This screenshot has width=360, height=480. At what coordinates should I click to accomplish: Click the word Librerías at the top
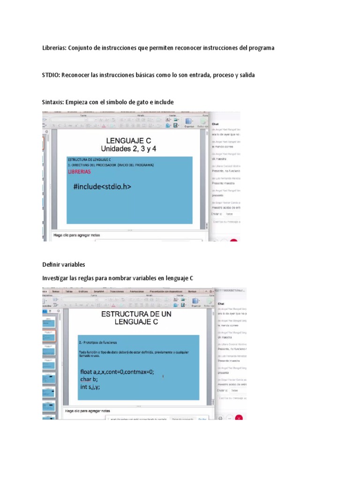coord(54,48)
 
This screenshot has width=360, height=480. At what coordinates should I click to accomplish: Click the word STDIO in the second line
coord(51,75)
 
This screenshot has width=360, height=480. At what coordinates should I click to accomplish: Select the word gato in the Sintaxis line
coord(140,102)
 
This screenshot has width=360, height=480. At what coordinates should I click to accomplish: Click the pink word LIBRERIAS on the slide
coord(79,172)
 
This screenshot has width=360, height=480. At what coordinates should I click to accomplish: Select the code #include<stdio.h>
coord(102,187)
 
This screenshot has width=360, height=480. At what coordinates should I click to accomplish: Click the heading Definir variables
coord(64,265)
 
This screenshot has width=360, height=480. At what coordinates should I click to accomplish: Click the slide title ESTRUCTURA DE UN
coord(136,314)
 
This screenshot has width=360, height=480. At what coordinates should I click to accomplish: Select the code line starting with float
coord(117,372)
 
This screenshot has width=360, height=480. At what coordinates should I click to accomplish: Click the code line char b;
coord(89,380)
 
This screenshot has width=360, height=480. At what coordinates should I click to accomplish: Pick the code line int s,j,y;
coord(90,387)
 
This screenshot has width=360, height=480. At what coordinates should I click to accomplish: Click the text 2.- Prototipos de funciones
coord(98,342)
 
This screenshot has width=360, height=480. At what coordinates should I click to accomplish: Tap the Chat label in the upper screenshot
coord(216,124)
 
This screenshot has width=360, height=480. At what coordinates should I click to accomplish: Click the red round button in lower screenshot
coord(239,418)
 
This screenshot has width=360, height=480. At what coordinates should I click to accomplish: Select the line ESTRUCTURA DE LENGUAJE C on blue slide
coord(92,160)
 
